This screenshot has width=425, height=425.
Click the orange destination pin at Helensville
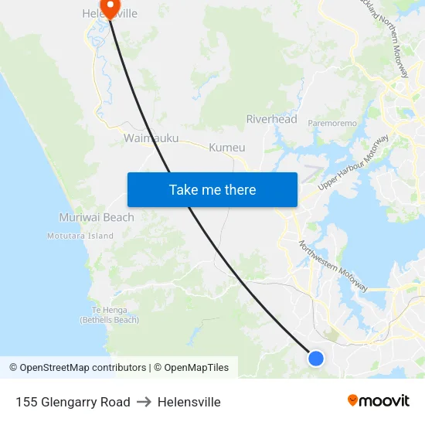pos(111,7)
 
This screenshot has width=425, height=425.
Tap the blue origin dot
pos(315,358)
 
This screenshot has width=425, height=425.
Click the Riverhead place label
pos(271,119)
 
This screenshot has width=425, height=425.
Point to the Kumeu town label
pos(226,147)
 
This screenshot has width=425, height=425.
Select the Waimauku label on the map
pos(151,138)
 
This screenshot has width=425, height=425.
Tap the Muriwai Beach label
pos(97,217)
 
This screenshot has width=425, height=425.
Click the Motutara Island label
pos(80,236)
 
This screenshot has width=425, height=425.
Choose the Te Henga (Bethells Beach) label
pos(110,314)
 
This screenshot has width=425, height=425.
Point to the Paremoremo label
pos(332,123)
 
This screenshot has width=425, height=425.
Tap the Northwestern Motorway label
pos(333,266)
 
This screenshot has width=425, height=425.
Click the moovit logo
pos(378,400)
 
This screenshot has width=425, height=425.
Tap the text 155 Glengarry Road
pos(73,402)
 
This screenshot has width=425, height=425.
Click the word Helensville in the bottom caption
pos(189,402)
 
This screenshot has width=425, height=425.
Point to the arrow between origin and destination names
pos(144,402)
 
